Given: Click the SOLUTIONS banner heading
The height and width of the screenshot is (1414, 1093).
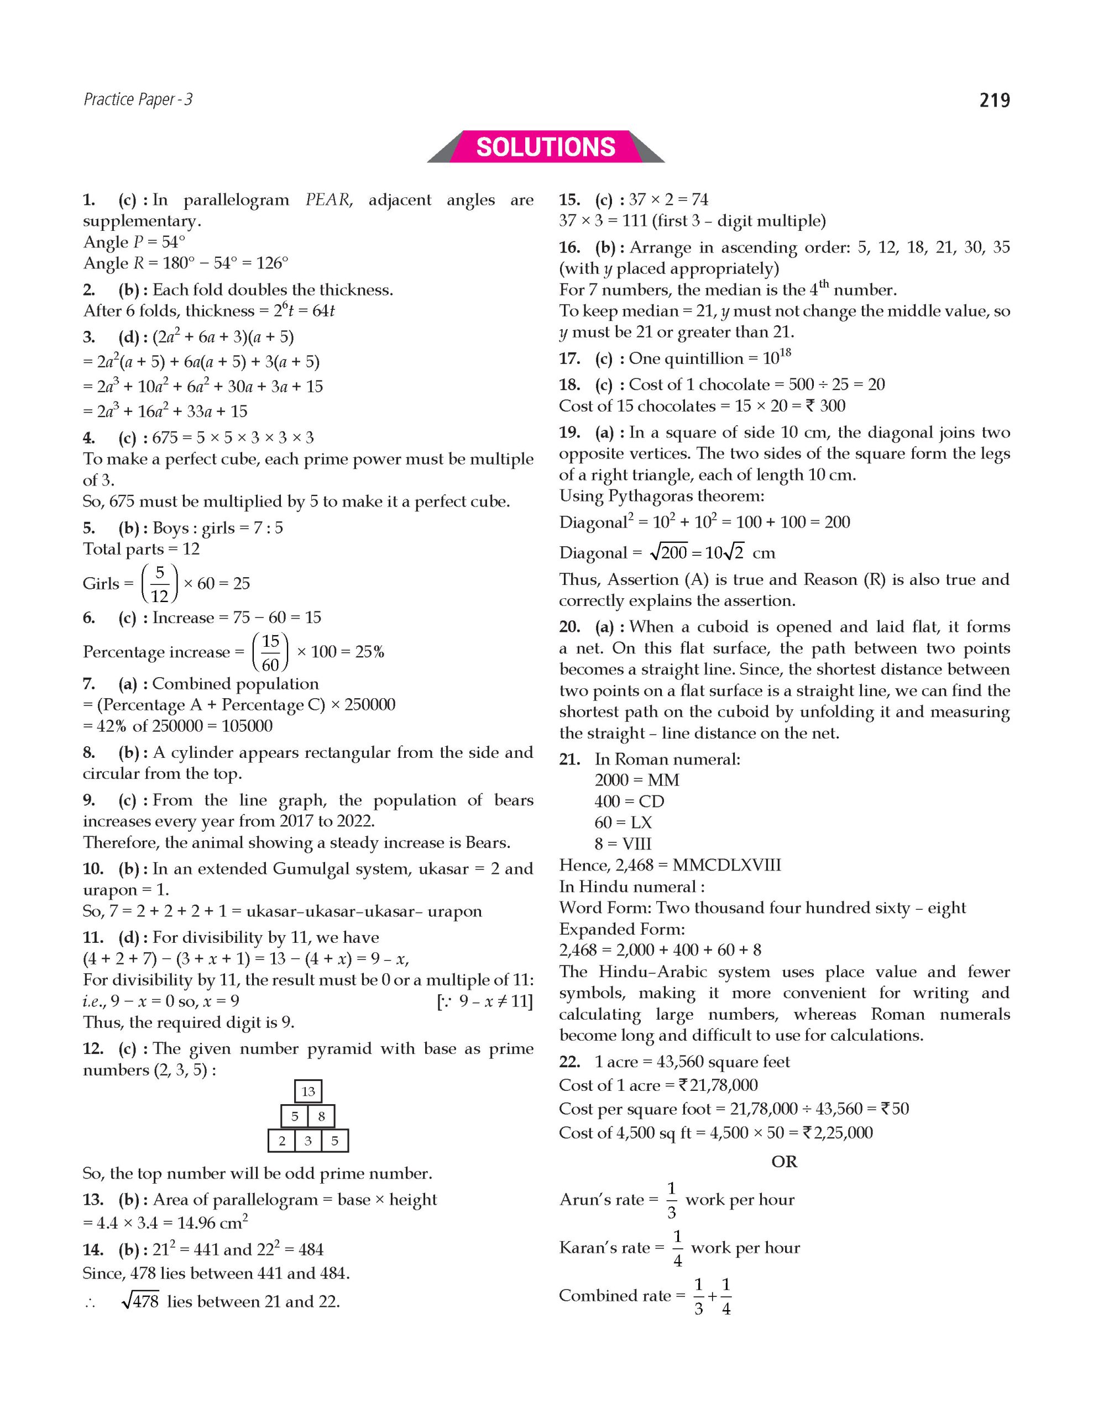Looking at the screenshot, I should point(546,147).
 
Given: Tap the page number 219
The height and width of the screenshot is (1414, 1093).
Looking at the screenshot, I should point(994,101).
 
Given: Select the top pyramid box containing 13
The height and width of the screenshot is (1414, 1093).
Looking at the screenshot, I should point(308,1091).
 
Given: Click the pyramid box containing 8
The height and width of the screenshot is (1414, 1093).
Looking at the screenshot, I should point(321,1116).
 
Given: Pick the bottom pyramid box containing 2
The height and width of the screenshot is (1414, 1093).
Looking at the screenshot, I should point(282,1141).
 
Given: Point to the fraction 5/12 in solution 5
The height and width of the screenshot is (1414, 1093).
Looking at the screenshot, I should point(159,583).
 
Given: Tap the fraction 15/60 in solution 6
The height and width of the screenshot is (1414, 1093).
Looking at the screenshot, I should point(270,652).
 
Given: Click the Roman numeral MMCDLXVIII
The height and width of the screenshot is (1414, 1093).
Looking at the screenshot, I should point(726,865).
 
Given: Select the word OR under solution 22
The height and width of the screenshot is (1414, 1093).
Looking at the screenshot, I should point(784,1162).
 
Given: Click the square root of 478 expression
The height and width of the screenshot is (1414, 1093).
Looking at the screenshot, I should point(140,1301).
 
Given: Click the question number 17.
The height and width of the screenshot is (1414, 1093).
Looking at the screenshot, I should point(569,358).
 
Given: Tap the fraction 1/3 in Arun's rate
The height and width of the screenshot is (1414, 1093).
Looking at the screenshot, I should point(671,1200).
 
